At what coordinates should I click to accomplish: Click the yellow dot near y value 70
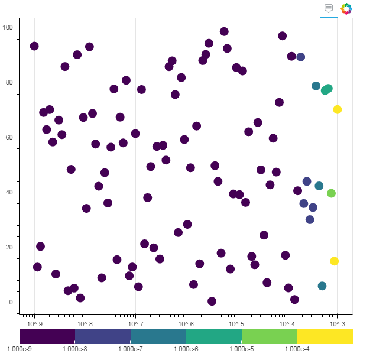[x=338, y=109]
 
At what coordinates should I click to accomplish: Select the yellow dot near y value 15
[x=335, y=261]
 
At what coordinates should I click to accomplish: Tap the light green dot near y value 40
[x=332, y=193]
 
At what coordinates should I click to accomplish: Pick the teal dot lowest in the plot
[x=322, y=286]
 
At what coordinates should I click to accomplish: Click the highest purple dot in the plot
[x=224, y=32]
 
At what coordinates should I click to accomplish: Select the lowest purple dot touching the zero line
[x=212, y=301]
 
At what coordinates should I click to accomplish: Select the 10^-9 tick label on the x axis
[x=35, y=324]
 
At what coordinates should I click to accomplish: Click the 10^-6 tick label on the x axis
[x=186, y=324]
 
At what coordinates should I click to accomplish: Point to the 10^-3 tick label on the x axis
[x=338, y=324]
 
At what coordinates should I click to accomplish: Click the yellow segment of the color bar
[x=325, y=336]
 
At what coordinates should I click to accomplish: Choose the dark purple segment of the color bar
[x=47, y=336]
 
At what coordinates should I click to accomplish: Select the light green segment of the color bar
[x=269, y=336]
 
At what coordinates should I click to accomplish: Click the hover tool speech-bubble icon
[x=329, y=8]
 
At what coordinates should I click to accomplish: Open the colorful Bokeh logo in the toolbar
[x=346, y=8]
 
